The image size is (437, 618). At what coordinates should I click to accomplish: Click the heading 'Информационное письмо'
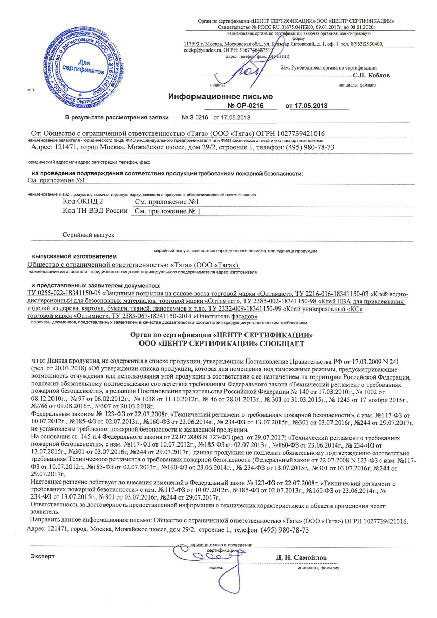[221, 96]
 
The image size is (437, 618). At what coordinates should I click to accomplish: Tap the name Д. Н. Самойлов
[302, 557]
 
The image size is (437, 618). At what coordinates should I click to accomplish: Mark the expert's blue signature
[204, 556]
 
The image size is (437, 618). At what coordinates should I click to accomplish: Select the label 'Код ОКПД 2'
[83, 202]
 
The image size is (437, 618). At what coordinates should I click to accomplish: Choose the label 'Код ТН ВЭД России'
[95, 211]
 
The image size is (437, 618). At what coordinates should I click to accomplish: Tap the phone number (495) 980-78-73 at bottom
[285, 530]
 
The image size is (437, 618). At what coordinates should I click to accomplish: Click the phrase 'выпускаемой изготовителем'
[75, 256]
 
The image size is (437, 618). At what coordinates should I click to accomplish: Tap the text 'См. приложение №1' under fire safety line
[55, 181]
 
